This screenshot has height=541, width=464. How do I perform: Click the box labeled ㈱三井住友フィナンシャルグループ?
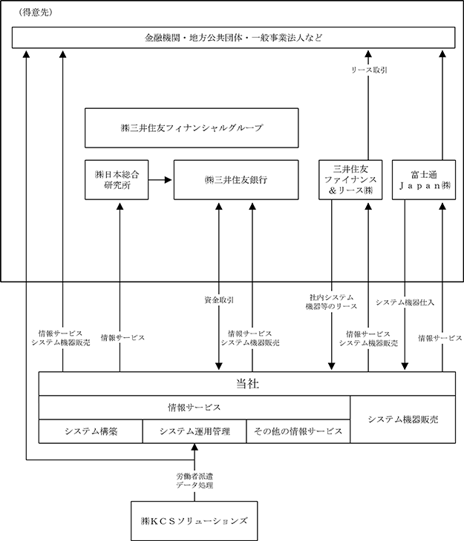pyautogui.click(x=192, y=128)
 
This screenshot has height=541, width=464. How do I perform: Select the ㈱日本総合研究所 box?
pyautogui.click(x=117, y=180)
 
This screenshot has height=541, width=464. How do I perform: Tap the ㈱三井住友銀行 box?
pyautogui.click(x=236, y=180)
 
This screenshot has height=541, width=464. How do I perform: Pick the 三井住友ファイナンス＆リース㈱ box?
pyautogui.click(x=350, y=180)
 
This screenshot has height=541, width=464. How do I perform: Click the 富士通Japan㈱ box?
pyautogui.click(x=424, y=180)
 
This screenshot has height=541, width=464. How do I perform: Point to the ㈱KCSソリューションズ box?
pyautogui.click(x=195, y=521)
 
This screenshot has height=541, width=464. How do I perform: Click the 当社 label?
pyautogui.click(x=247, y=384)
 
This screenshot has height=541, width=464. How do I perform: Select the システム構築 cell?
pyautogui.click(x=91, y=431)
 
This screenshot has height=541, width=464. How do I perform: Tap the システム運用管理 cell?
pyautogui.click(x=195, y=431)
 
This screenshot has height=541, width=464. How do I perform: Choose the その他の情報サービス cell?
pyautogui.click(x=298, y=431)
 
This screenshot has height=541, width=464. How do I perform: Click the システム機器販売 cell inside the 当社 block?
pyautogui.click(x=403, y=419)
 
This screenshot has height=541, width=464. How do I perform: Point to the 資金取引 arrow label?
pyautogui.click(x=219, y=300)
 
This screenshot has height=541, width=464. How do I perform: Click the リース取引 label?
pyautogui.click(x=369, y=70)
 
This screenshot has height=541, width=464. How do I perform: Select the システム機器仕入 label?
pyautogui.click(x=405, y=302)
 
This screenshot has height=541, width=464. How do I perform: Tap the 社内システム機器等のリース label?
pyautogui.click(x=331, y=302)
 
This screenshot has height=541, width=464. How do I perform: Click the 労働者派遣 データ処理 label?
pyautogui.click(x=195, y=481)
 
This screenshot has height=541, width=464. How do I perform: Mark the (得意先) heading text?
pyautogui.click(x=36, y=13)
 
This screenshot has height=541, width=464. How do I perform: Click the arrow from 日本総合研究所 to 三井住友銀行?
pyautogui.click(x=160, y=180)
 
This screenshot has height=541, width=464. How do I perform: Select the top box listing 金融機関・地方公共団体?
pyautogui.click(x=233, y=37)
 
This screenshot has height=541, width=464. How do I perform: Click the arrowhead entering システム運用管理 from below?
pyautogui.click(x=195, y=447)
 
